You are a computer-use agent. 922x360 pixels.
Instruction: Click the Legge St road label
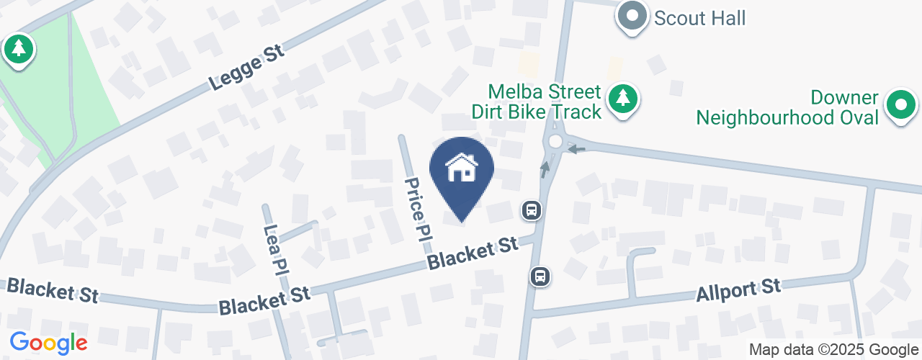[x=248, y=70]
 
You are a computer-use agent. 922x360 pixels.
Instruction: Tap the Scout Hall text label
[x=699, y=17]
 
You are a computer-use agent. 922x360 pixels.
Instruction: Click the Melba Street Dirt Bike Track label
[x=536, y=102]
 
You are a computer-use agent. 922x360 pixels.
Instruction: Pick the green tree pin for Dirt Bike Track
[x=622, y=99]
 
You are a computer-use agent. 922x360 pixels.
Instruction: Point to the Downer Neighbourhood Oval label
[x=788, y=107]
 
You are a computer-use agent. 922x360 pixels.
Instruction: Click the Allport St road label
[x=738, y=291]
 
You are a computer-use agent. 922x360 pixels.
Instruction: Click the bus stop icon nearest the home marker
[x=532, y=210]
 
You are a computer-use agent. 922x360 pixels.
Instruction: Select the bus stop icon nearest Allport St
[x=540, y=276]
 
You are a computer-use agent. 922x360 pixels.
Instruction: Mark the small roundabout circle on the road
[x=555, y=141]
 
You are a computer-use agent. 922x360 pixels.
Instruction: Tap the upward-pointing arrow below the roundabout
[x=545, y=169]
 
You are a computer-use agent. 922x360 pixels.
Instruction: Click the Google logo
[x=48, y=343]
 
